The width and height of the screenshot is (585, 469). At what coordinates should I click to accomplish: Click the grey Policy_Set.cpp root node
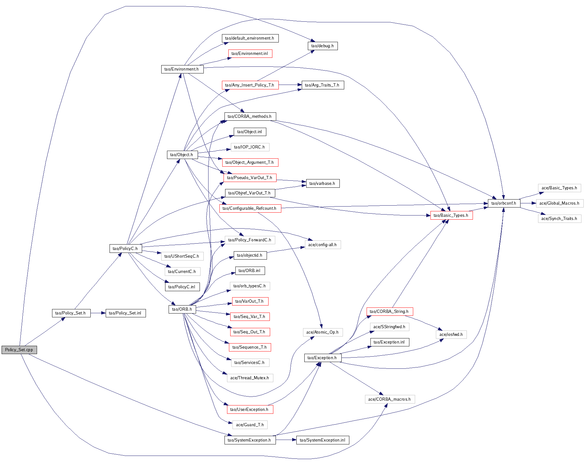point(19,350)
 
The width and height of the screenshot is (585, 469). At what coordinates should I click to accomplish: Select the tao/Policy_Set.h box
point(71,313)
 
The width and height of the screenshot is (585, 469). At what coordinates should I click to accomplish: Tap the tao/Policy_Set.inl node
point(125,313)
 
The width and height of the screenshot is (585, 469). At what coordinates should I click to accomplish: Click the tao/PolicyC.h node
point(125,249)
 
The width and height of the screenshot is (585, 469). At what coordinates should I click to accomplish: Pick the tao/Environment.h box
point(182,69)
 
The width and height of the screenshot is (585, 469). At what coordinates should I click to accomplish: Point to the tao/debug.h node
point(323,46)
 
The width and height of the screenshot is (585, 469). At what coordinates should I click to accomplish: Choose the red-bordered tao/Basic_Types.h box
point(451,216)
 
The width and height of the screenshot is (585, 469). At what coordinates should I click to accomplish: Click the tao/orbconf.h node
point(504,203)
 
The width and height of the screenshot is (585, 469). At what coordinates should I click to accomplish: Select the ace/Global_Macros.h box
point(559,203)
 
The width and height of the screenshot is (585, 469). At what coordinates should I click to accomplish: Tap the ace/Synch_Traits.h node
point(559,219)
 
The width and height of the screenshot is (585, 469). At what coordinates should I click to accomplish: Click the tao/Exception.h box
point(322,358)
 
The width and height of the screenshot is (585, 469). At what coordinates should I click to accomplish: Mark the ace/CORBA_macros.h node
point(390,399)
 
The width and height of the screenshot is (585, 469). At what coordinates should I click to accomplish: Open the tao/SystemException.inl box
point(323,440)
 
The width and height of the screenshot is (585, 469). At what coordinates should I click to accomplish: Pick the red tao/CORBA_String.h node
point(389,312)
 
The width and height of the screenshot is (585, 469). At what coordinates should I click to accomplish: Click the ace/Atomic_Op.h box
point(323,332)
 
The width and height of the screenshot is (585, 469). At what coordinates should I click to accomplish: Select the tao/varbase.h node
point(323,184)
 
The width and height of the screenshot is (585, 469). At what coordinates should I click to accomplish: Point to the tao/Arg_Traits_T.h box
point(323,85)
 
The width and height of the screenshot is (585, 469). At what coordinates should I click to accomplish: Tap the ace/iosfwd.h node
point(451,335)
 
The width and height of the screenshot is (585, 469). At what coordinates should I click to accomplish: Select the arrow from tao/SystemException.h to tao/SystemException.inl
point(286,440)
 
